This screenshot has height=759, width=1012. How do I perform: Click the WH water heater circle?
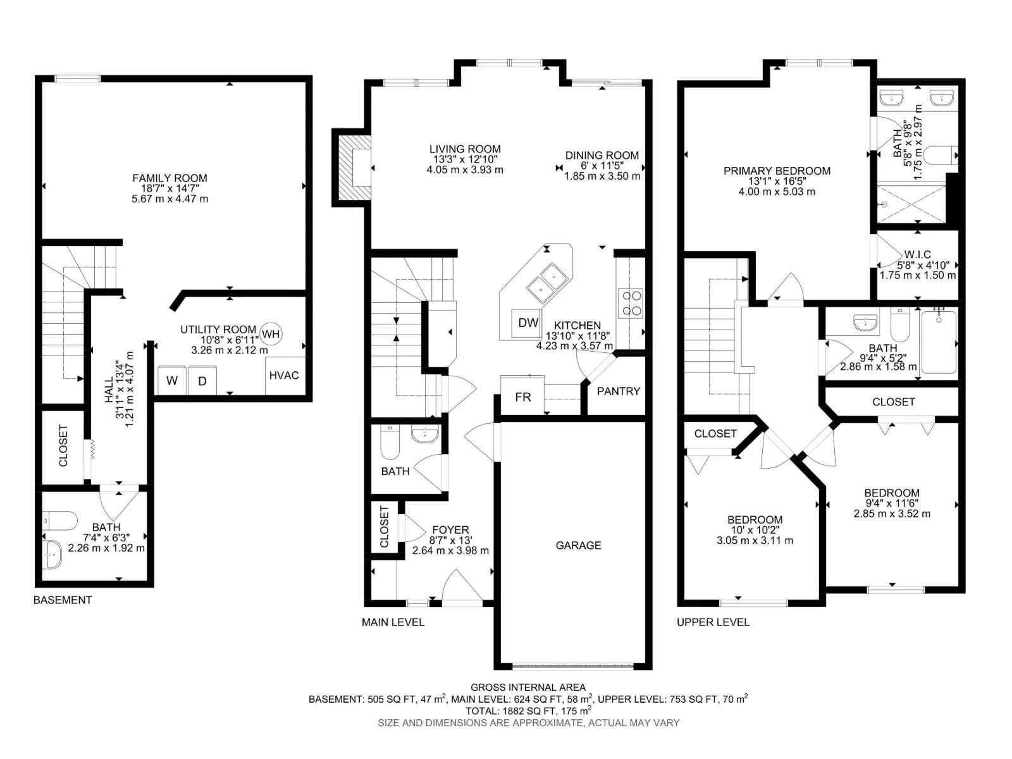pyautogui.click(x=271, y=334)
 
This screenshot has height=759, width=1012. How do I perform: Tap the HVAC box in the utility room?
pyautogui.click(x=285, y=375)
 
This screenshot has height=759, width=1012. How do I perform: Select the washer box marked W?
pyautogui.click(x=172, y=380)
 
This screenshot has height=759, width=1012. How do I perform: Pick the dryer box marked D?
pyautogui.click(x=202, y=380)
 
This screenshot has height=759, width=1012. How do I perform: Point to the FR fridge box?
pyautogui.click(x=522, y=397)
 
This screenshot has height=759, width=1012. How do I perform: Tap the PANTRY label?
pyautogui.click(x=618, y=392)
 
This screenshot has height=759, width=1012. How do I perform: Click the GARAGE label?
pyautogui.click(x=578, y=545)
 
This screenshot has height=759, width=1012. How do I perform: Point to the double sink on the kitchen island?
pyautogui.click(x=548, y=283)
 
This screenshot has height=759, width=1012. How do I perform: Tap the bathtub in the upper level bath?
pyautogui.click(x=939, y=342)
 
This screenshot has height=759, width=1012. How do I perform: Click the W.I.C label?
pyautogui.click(x=918, y=254)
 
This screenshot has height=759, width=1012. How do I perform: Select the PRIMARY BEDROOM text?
pyautogui.click(x=777, y=171)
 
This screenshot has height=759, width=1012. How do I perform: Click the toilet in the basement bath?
pyautogui.click(x=61, y=521)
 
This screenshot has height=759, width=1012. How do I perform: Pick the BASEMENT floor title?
pyautogui.click(x=63, y=600)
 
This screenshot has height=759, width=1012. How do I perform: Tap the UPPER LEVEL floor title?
pyautogui.click(x=713, y=622)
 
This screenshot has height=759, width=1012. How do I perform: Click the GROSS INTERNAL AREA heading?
pyautogui.click(x=528, y=688)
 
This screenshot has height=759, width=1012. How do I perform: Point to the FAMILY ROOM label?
pyautogui.click(x=170, y=178)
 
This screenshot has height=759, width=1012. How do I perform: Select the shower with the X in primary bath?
pyautogui.click(x=911, y=204)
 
